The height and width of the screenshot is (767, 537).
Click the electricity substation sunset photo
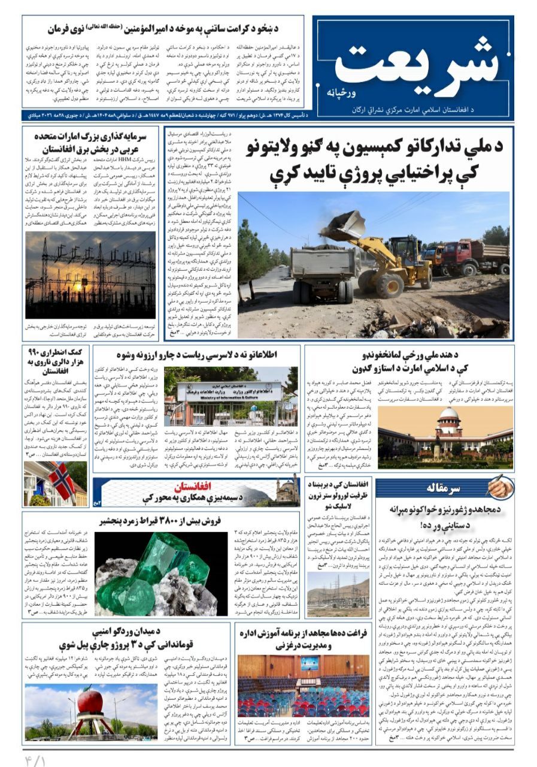pos(90,276)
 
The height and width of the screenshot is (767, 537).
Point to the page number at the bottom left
pos(36,758)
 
